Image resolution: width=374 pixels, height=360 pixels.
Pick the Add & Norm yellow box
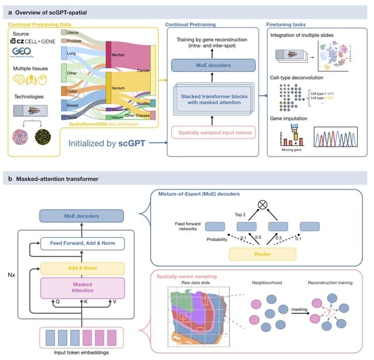[x=81, y=268]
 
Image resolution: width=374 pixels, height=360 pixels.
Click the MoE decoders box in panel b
[x=81, y=216]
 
